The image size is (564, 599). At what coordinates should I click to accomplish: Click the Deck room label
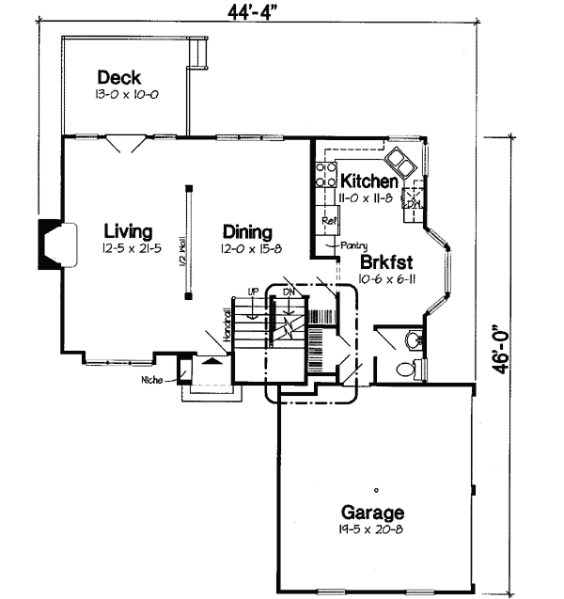[x=120, y=78]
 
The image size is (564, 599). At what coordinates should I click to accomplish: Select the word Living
[x=130, y=231]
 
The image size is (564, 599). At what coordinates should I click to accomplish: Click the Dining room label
[x=247, y=232]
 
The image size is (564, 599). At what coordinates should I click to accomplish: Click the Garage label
[x=373, y=513]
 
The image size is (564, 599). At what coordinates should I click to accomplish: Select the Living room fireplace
[x=51, y=243]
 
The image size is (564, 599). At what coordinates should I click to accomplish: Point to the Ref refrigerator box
[x=329, y=221]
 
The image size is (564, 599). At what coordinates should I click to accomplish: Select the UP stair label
[x=251, y=292]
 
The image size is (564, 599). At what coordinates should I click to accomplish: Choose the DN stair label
[x=289, y=292]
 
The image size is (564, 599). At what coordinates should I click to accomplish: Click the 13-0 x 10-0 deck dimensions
[x=120, y=96]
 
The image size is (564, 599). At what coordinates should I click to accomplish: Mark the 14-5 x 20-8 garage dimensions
[x=373, y=530]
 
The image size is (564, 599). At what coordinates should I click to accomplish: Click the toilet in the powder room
[x=406, y=369]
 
